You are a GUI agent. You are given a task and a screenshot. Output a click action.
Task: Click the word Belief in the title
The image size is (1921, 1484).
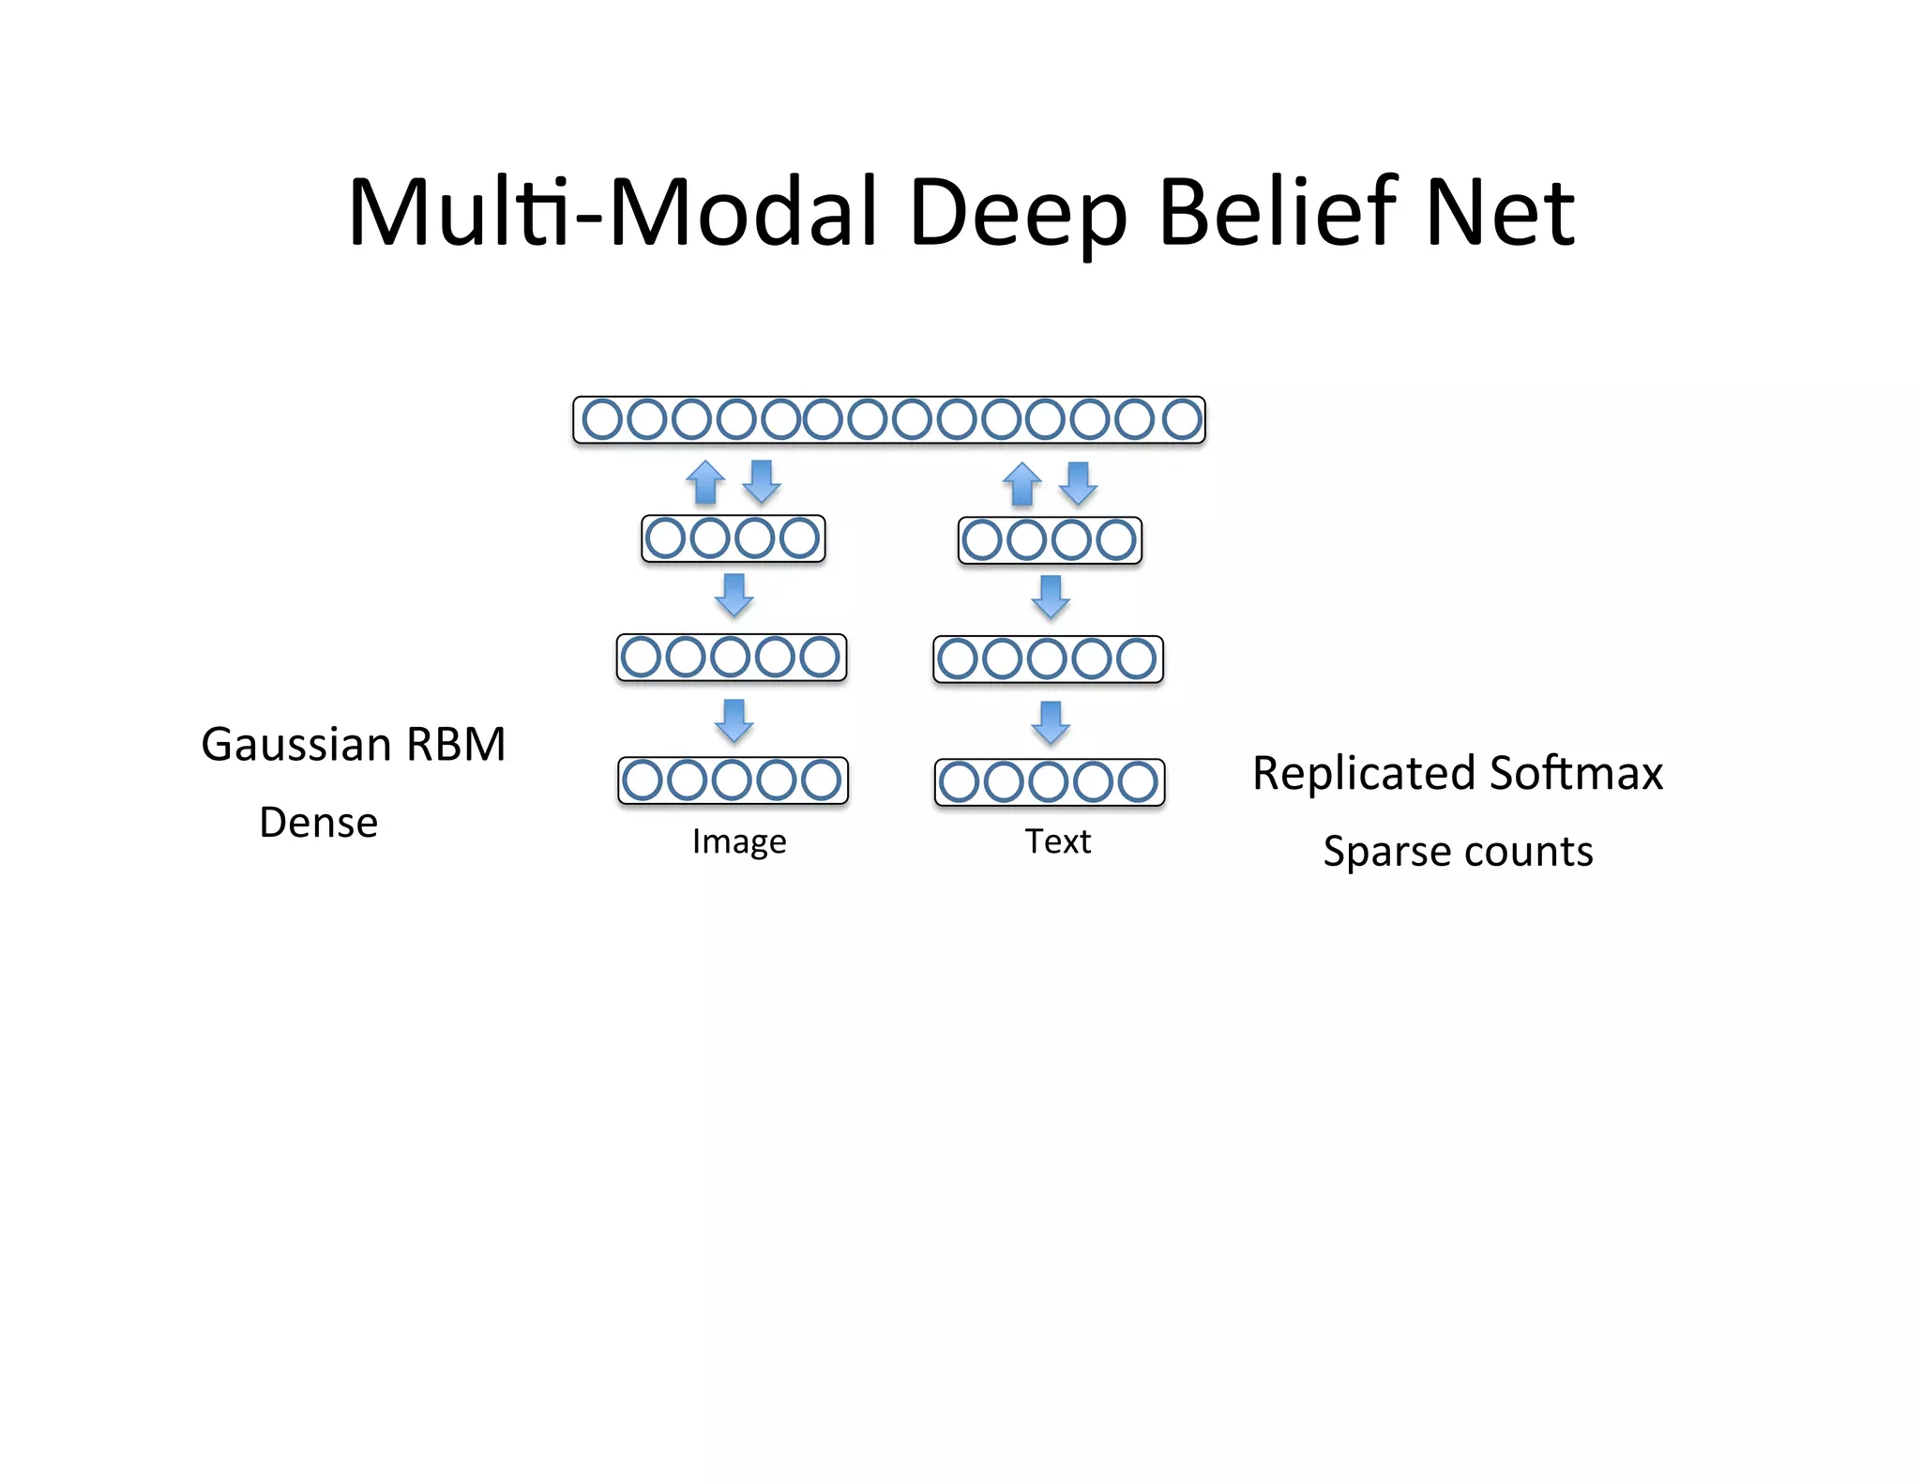tap(1277, 213)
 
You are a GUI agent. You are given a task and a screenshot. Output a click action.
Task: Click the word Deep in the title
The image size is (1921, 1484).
tap(1017, 213)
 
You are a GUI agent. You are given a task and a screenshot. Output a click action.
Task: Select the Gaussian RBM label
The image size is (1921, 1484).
tap(354, 745)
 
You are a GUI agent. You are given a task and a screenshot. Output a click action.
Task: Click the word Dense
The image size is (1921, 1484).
tap(319, 823)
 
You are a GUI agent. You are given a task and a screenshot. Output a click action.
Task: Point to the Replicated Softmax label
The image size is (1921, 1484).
tap(1457, 774)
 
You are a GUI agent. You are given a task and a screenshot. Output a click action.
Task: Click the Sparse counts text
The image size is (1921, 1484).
tap(1458, 852)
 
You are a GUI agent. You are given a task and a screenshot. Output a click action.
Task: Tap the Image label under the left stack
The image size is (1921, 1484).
tap(739, 841)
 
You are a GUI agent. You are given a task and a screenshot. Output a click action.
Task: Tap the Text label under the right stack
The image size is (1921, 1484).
tap(1057, 841)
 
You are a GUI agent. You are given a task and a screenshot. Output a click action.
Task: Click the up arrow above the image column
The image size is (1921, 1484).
tap(705, 483)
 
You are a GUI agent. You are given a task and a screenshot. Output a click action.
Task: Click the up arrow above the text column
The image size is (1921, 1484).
tap(1022, 485)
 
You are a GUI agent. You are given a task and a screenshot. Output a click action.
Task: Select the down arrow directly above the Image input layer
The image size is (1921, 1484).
tap(734, 720)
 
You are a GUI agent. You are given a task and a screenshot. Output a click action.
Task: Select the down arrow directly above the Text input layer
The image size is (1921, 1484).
tap(1051, 722)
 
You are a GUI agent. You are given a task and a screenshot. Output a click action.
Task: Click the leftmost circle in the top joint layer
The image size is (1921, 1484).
tap(602, 419)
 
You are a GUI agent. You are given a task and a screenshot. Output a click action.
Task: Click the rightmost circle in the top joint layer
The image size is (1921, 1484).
tap(1182, 419)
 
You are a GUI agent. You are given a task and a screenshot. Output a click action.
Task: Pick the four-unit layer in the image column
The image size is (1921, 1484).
tap(733, 538)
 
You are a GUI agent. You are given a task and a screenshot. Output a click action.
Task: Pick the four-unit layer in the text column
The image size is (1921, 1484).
tap(1050, 540)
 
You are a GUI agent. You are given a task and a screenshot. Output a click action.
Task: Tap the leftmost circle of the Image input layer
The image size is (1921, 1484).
tap(643, 780)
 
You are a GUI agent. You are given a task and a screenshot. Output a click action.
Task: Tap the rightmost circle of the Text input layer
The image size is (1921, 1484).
tap(1138, 782)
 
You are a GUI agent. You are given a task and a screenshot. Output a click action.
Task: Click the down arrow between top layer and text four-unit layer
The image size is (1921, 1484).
tap(1079, 483)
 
